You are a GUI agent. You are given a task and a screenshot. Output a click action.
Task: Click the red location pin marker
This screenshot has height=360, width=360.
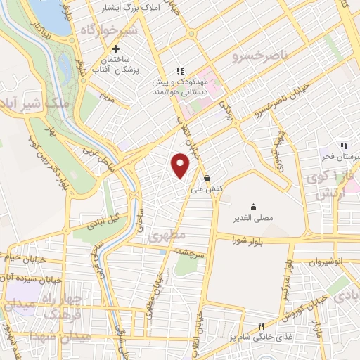pos(181,165)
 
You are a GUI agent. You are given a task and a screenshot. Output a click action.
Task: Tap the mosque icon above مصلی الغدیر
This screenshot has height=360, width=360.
pos(253,207)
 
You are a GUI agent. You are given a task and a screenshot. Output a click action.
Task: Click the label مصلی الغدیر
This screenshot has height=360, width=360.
pos(253,218)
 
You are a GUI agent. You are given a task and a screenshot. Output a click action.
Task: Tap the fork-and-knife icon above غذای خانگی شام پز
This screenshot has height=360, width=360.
pos(261,326)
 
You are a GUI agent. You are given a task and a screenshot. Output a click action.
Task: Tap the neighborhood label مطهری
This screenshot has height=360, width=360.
pos(167,237)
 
